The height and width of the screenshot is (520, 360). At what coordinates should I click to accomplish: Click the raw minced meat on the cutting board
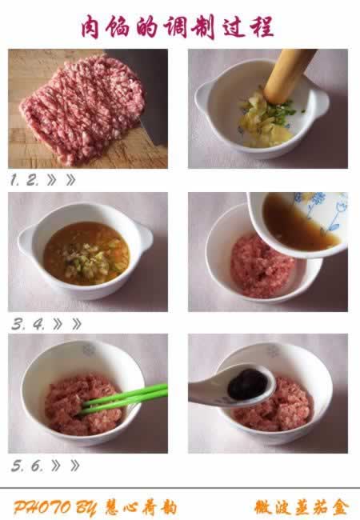click(x=83, y=108)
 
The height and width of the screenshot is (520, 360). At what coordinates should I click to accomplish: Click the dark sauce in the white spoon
click(x=247, y=384)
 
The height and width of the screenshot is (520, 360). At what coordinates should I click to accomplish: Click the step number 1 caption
click(x=14, y=180)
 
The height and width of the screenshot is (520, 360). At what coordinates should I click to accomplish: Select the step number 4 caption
click(x=38, y=324)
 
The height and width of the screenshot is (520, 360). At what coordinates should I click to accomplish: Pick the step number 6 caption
click(x=37, y=466)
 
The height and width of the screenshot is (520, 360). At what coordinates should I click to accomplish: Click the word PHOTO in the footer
click(x=42, y=507)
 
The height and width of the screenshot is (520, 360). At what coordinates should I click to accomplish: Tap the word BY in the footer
click(x=86, y=507)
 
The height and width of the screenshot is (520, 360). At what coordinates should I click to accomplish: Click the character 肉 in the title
click(x=90, y=26)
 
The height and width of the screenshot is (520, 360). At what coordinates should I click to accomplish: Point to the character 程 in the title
click(x=262, y=26)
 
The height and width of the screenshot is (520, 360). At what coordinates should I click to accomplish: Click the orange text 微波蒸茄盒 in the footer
click(x=302, y=507)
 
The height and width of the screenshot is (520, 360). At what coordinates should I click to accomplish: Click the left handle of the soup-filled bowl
click(x=25, y=239)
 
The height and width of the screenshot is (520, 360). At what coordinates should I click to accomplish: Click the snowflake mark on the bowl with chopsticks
click(x=89, y=350)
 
